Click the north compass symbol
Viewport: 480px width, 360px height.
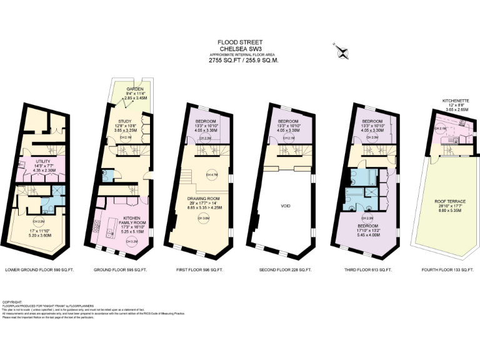coord(341,51)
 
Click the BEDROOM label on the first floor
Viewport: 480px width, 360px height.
coord(206,122)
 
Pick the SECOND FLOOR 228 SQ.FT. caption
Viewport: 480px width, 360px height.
coord(284,269)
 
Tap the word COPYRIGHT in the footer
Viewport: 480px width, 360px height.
coord(12,301)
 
